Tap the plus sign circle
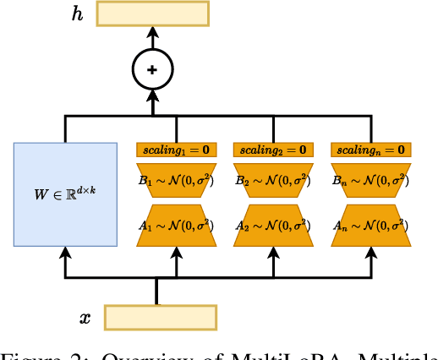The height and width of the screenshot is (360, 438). click(152, 69)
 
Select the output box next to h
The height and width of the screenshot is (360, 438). click(152, 14)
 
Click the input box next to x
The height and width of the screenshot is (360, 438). click(160, 317)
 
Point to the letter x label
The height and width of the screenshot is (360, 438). click(85, 318)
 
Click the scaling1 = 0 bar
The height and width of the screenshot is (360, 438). click(176, 150)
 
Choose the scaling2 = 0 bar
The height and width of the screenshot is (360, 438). click(273, 150)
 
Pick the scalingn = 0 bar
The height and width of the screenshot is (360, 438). click(370, 150)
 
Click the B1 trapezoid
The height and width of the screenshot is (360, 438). click(176, 179)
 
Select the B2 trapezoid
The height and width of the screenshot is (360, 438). click(273, 179)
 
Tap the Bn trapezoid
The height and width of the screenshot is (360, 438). click(370, 179)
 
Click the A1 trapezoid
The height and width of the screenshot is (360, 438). click(176, 225)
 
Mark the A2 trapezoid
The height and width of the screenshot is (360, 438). click(273, 225)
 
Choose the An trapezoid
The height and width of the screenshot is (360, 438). click(370, 225)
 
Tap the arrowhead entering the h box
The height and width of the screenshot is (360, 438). click(152, 32)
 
